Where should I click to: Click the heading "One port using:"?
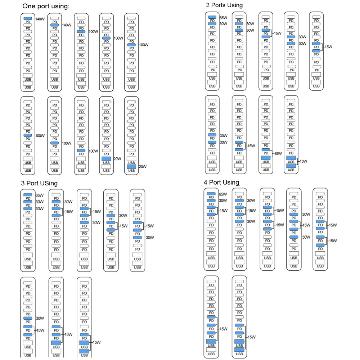tap(46, 6)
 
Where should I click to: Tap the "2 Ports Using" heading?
tap(224, 5)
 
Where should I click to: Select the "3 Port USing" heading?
tap(39, 183)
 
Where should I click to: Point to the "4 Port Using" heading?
tap(221, 182)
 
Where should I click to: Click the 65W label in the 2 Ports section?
tap(223, 18)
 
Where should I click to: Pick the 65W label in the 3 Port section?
tap(40, 195)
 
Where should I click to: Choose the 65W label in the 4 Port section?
tap(223, 194)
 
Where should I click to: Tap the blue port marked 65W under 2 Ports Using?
tap(212, 17)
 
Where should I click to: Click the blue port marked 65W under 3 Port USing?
tap(28, 195)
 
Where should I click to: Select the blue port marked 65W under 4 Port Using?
tap(211, 194)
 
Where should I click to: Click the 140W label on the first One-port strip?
tap(40, 19)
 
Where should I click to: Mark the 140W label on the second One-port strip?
tap(67, 25)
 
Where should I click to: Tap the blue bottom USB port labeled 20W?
tap(131, 167)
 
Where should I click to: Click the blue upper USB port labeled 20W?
tap(106, 159)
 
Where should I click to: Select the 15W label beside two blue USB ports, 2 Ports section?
tap(303, 161)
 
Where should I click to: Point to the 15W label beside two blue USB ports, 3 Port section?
tap(96, 342)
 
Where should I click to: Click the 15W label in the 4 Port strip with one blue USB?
tap(224, 329)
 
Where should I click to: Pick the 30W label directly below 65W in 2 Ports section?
tap(223, 24)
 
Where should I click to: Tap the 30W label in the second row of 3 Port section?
tap(40, 318)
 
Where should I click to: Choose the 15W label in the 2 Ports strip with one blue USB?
tap(278, 154)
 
